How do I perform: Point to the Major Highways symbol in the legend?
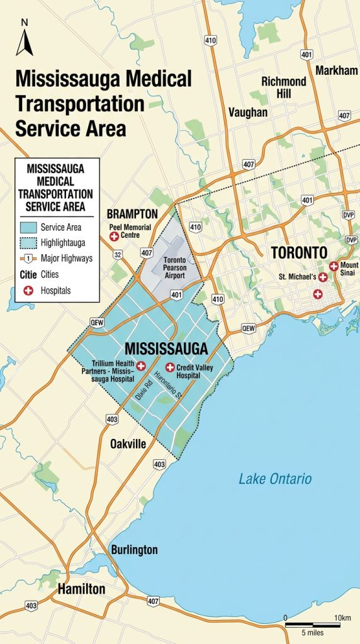click(x=28, y=258)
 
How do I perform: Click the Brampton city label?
click(x=132, y=214)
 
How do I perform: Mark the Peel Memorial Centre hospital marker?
click(x=115, y=236)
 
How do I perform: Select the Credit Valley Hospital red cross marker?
click(x=169, y=367)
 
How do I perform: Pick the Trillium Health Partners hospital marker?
click(x=141, y=365)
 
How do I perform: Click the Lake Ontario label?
click(x=275, y=479)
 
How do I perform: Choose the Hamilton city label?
click(x=81, y=589)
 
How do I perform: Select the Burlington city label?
click(x=134, y=550)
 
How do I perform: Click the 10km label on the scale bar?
click(x=342, y=618)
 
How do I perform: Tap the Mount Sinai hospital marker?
click(x=334, y=266)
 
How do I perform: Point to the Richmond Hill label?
click(x=284, y=87)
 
